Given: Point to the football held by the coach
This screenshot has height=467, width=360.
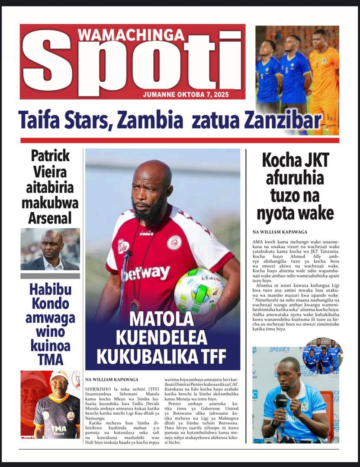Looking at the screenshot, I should (199, 290).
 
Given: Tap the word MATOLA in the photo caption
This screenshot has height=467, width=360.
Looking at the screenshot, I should (162, 319).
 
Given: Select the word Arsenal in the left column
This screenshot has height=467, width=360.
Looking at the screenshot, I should (50, 218).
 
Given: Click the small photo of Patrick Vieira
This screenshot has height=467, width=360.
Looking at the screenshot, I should (50, 249).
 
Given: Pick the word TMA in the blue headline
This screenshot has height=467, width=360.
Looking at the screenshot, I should (50, 359).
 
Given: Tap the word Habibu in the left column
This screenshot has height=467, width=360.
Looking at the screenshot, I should (50, 289).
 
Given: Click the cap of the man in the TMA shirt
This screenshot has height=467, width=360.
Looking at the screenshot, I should (58, 375).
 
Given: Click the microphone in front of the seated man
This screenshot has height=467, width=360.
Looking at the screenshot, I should (281, 402).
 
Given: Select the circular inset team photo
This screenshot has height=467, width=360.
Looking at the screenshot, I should (322, 356).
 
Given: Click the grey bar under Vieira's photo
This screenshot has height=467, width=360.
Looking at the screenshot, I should (50, 276).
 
